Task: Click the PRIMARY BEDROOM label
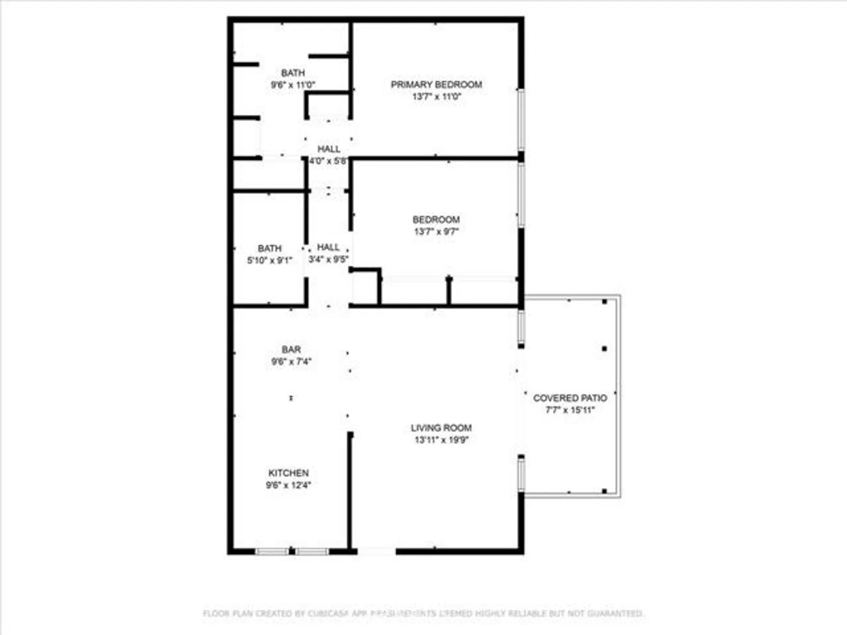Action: [x=436, y=85]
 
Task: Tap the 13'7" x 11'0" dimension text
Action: [x=436, y=97]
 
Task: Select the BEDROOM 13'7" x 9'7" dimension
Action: [x=436, y=232]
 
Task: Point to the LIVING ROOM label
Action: [x=441, y=428]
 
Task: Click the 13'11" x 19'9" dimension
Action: [x=441, y=440]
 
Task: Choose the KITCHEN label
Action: [x=288, y=473]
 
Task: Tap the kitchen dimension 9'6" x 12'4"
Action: [x=288, y=485]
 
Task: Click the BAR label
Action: [x=291, y=350]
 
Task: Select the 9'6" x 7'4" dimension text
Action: [x=291, y=362]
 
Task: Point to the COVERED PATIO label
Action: [x=570, y=398]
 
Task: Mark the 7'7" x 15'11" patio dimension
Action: [x=570, y=410]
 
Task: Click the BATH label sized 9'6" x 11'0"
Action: [x=293, y=73]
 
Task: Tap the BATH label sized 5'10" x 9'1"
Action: [x=270, y=248]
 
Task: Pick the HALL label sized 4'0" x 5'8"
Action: [x=329, y=149]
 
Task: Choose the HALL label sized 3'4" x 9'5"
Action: [x=328, y=247]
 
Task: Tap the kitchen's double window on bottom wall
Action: [x=292, y=551]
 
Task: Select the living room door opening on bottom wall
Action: [x=376, y=551]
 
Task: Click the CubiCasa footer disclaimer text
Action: [x=423, y=613]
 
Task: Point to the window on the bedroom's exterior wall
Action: [x=521, y=195]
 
